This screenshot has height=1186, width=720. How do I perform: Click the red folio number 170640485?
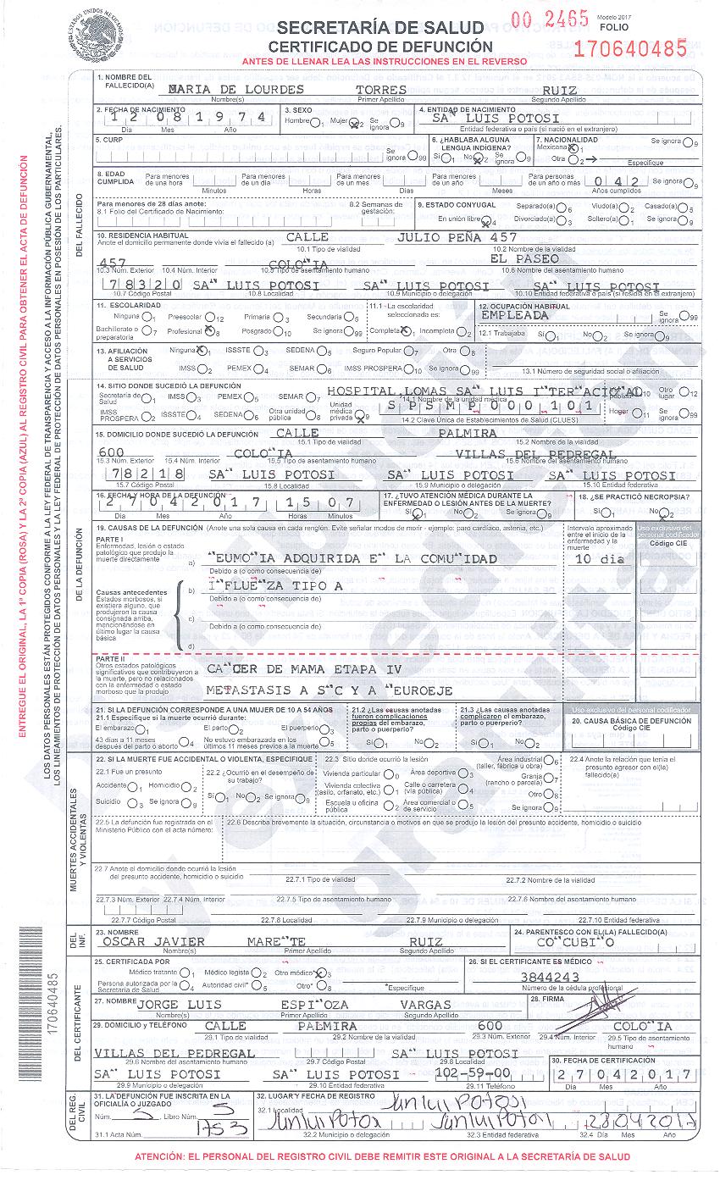[630, 48]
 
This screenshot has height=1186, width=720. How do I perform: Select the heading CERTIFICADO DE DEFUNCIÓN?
[380, 47]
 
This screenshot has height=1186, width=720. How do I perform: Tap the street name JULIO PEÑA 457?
[457, 238]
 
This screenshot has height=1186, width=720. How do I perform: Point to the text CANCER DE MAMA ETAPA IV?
[303, 668]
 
